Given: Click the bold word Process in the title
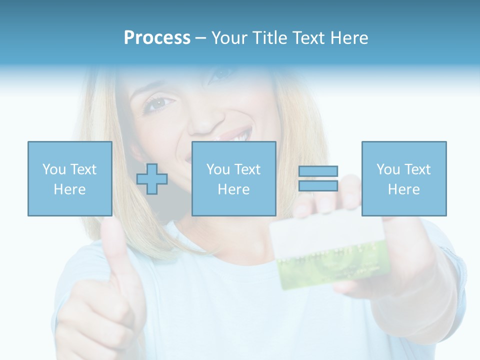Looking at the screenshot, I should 157,38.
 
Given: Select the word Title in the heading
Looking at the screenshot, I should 268,38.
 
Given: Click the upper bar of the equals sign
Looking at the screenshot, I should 318,171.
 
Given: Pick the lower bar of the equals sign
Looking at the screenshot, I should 318,185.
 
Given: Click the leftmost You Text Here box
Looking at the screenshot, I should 69,178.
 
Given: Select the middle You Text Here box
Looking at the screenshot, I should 233,178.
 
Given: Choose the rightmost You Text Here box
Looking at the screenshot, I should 403,178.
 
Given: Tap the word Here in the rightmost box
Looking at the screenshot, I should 403,189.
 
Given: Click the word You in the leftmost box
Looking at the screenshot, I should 53,169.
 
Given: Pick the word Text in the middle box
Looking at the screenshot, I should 247,169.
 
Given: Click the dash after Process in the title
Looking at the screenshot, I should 200,38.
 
